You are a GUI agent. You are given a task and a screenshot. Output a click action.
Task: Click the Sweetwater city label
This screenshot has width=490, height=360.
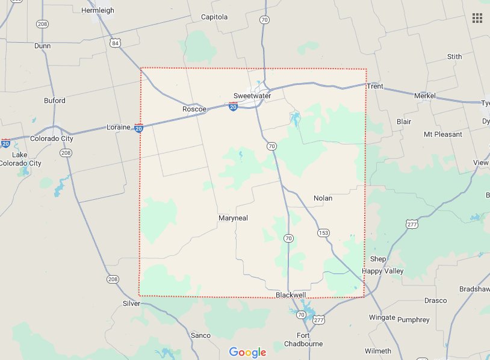tap(252, 96)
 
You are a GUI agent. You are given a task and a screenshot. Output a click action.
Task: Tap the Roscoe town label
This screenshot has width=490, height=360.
tap(194, 109)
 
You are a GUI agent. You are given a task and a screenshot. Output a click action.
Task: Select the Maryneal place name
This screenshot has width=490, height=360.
tap(234, 218)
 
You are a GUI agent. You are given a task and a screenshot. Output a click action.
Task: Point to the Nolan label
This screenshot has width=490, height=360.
tap(323, 197)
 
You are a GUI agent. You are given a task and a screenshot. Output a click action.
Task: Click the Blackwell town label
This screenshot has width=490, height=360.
tap(291, 295)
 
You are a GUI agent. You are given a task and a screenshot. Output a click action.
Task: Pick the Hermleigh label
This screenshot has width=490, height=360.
tap(98, 10)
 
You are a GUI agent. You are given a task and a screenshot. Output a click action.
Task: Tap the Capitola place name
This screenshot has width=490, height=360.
tap(214, 17)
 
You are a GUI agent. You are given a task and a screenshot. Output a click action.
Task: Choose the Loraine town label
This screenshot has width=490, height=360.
tap(119, 128)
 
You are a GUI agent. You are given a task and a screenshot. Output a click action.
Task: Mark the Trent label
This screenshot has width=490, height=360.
tap(375, 86)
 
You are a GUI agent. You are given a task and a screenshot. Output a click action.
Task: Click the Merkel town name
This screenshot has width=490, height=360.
tap(426, 96)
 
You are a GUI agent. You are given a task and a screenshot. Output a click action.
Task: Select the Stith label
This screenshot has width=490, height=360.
tap(454, 57)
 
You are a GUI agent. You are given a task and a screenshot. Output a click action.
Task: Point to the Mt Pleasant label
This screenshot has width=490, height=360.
tap(443, 134)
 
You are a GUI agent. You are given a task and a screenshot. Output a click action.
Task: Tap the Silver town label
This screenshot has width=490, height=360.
tap(131, 303)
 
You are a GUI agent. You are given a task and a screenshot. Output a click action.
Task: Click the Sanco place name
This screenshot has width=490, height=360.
tap(200, 335)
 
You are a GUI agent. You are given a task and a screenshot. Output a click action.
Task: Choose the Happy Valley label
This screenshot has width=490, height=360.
tap(383, 271)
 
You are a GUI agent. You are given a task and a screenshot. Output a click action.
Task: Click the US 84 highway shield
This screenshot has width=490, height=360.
tap(116, 43)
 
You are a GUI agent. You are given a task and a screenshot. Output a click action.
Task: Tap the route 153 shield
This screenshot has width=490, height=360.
tap(323, 232)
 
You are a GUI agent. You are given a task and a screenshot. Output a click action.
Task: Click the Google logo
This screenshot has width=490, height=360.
tap(247, 352)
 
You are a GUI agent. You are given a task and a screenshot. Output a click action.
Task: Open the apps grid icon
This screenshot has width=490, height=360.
tap(477, 17)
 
